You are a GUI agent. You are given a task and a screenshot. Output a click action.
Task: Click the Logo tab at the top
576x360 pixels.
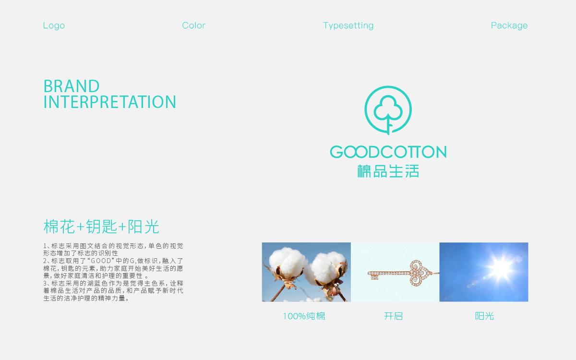click(x=54, y=25)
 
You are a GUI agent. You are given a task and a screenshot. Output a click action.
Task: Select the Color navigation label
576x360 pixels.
click(x=193, y=25)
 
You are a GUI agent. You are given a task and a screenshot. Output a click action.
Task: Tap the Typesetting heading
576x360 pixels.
click(x=348, y=25)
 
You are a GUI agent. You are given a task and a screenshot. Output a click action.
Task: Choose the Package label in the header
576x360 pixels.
click(x=509, y=25)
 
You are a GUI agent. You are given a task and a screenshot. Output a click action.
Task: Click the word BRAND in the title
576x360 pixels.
click(x=72, y=86)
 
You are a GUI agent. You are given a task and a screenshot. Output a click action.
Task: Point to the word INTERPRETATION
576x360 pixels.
click(x=110, y=102)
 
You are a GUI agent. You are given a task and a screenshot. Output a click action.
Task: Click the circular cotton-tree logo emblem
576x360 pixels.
click(x=388, y=110)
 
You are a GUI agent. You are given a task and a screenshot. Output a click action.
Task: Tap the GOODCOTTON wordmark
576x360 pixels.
click(x=388, y=152)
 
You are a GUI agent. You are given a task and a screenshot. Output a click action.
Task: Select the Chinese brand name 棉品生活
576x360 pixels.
click(x=388, y=171)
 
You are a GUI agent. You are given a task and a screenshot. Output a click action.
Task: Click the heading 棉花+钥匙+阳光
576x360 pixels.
click(x=101, y=227)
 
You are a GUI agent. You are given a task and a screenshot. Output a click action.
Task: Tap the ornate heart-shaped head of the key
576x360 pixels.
click(x=420, y=273)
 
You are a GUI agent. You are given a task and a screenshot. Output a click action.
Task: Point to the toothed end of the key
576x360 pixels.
click(x=373, y=276)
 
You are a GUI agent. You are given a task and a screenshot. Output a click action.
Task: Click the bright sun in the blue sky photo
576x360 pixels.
click(x=500, y=269)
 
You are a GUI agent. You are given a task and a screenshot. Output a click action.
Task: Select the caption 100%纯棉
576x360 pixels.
click(x=304, y=316)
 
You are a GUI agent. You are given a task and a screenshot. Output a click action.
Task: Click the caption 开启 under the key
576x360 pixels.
click(x=393, y=316)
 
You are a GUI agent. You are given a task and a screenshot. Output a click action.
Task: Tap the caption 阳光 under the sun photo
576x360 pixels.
click(x=484, y=316)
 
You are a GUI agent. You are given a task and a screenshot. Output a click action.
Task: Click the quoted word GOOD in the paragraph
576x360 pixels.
click(x=101, y=261)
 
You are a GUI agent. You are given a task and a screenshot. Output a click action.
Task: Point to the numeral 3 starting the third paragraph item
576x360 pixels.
click(x=45, y=283)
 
